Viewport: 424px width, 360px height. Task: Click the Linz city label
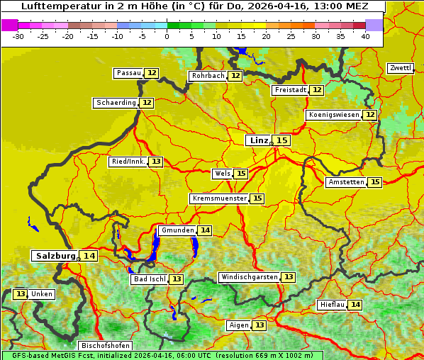(258, 140)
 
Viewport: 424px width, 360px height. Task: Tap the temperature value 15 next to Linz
(282, 140)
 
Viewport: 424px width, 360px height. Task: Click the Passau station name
(129, 73)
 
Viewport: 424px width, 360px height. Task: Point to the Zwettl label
(401, 68)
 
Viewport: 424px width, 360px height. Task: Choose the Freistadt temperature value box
(317, 90)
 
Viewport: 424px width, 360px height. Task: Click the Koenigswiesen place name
(333, 115)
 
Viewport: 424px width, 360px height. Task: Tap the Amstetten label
(346, 182)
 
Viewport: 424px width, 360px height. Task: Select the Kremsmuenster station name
(219, 198)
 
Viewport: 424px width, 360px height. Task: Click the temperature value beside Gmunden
(205, 230)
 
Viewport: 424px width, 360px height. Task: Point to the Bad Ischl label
(150, 279)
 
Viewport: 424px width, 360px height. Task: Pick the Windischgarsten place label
(249, 277)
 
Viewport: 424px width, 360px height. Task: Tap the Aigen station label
(239, 325)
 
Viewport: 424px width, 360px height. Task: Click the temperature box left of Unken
(21, 294)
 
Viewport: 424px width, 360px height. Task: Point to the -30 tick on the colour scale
(18, 36)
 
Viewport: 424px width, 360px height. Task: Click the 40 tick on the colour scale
(365, 36)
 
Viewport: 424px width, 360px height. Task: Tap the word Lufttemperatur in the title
(54, 6)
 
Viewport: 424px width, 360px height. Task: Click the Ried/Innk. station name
(128, 162)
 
